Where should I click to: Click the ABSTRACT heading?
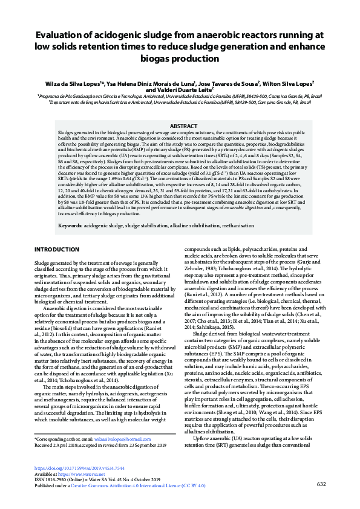pyautogui.click(x=180, y=126)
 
